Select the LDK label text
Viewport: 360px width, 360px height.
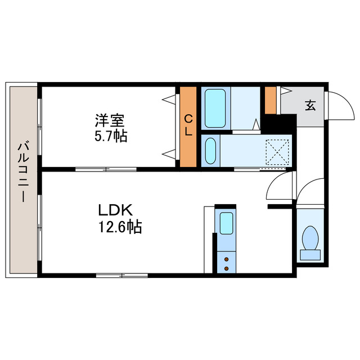tap(115, 211)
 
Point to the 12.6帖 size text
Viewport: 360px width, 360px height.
tap(119, 227)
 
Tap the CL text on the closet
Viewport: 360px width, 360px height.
tap(188, 125)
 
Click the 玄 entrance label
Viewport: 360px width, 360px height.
tap(309, 105)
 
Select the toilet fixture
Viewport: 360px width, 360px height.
tap(310, 242)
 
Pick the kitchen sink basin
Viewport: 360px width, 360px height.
tap(226, 223)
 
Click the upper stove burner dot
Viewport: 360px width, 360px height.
tap(226, 259)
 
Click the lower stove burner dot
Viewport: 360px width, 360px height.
tap(226, 268)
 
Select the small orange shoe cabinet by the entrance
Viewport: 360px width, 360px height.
tap(271, 100)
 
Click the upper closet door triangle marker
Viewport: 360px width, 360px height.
tap(168, 100)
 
